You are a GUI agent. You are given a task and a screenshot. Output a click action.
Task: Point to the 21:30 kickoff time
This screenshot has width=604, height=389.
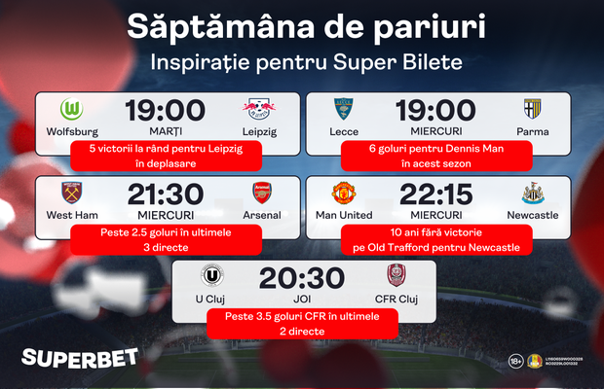coord(165,193)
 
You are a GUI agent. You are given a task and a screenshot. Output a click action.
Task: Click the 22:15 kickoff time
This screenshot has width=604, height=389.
coord(435,193)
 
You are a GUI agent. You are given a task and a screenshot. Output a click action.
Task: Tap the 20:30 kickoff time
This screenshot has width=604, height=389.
coord(301,277)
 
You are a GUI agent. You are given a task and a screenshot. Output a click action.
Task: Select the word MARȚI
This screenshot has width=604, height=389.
coord(166,130)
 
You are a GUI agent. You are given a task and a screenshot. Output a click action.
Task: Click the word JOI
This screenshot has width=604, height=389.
coord(301,299)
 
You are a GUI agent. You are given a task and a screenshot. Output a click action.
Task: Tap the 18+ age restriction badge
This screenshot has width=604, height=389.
coord(515,362)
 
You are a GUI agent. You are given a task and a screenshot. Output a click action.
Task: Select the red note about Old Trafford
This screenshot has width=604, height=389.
coord(435,240)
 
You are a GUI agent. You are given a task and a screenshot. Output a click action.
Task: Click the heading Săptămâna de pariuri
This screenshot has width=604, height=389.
coord(301,25)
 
